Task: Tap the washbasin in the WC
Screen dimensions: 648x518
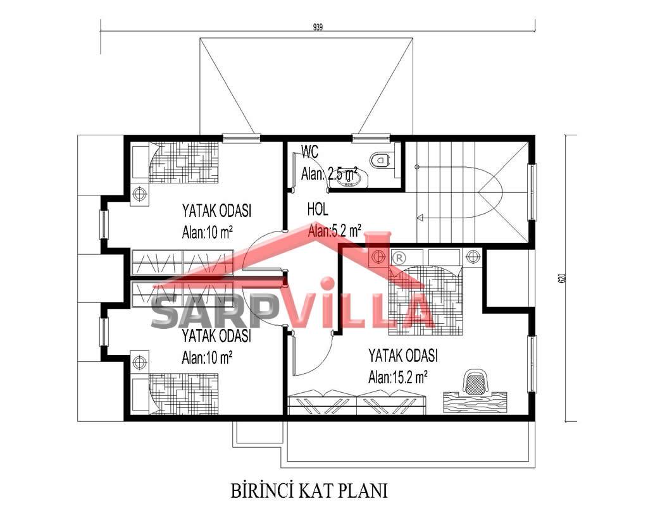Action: tap(349, 179)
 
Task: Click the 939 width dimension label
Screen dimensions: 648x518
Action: tap(318, 27)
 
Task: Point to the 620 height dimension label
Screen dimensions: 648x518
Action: tap(561, 278)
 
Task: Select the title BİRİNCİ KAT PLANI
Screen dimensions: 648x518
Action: tap(309, 491)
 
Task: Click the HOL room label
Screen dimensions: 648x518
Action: tap(318, 209)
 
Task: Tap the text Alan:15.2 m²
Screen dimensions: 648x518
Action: tap(397, 377)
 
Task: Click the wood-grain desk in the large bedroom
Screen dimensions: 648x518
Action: tap(475, 402)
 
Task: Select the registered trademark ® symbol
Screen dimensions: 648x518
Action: tap(398, 258)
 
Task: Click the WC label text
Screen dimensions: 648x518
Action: tap(310, 152)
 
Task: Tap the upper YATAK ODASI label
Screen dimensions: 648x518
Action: tap(217, 211)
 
